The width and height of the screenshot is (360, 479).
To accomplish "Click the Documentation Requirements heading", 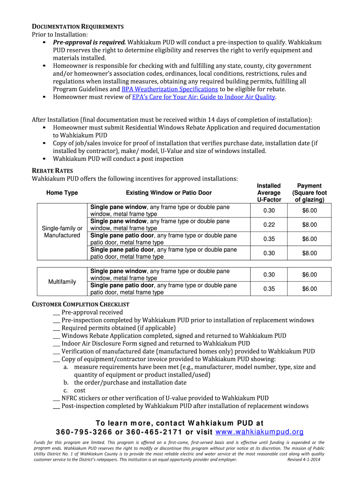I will (x=77, y=26).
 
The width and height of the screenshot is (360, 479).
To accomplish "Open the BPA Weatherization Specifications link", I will (x=170, y=89).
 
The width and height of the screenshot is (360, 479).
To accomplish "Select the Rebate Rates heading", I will (x=52, y=171).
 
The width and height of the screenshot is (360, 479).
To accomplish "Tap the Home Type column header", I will (x=62, y=193).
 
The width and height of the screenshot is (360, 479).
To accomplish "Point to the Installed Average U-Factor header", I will (x=269, y=193).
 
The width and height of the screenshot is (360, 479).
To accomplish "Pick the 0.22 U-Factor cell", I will (x=269, y=225).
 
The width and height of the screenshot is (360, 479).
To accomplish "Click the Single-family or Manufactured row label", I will (x=62, y=232).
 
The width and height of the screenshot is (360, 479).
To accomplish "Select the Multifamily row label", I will (x=62, y=282).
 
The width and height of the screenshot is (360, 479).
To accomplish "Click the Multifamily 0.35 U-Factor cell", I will (x=269, y=289).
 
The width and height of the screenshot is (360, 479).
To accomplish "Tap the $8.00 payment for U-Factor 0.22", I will (x=309, y=225).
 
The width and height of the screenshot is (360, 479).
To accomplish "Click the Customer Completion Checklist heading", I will (x=80, y=305).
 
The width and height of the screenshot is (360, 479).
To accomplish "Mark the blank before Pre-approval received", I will (x=56, y=312).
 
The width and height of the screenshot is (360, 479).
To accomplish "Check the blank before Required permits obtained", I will (x=56, y=328).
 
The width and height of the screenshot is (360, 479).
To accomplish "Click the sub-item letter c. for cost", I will (x=66, y=390).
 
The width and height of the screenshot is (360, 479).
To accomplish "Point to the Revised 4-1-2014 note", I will (x=303, y=459).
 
